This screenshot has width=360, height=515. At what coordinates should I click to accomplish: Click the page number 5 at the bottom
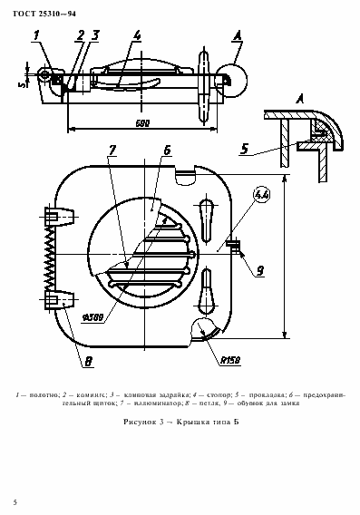click(15, 501)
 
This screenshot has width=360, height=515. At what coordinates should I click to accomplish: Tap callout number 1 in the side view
click(36, 38)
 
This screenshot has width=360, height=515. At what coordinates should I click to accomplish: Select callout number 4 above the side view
click(137, 38)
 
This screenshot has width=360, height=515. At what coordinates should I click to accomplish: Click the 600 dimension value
click(141, 121)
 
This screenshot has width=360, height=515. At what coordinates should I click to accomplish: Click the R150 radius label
click(229, 360)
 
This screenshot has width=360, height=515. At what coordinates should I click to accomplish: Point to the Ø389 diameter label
click(92, 318)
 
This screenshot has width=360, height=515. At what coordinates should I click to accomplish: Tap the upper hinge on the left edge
click(57, 217)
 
